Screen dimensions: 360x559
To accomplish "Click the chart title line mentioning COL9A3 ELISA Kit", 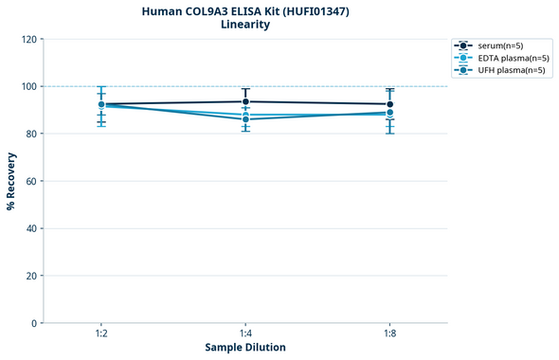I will [x=244, y=10].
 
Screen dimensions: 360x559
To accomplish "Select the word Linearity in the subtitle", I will [x=244, y=25].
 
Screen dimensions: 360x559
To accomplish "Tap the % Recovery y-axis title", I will [x=11, y=181].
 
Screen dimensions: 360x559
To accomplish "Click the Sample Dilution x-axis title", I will [x=245, y=348].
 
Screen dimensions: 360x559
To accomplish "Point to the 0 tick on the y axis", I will [x=34, y=323].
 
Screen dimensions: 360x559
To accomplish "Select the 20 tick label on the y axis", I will [x=31, y=276].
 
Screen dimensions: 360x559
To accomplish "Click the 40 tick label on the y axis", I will [x=31, y=228].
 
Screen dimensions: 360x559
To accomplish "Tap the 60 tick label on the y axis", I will [x=31, y=181].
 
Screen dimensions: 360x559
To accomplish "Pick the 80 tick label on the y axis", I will [x=31, y=134].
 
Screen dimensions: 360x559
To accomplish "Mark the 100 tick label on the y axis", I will [x=29, y=86].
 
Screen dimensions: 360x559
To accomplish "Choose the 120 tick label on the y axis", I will [x=29, y=39].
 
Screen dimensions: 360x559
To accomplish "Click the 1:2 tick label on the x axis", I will [x=101, y=333].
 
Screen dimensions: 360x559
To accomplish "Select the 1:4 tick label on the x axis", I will [x=245, y=333].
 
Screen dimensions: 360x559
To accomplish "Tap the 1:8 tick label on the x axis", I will [x=389, y=333].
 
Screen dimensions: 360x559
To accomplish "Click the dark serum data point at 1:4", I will [x=245, y=101].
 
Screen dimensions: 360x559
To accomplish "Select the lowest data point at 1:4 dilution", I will [x=245, y=119].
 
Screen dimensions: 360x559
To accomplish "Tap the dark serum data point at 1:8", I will [x=389, y=104].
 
